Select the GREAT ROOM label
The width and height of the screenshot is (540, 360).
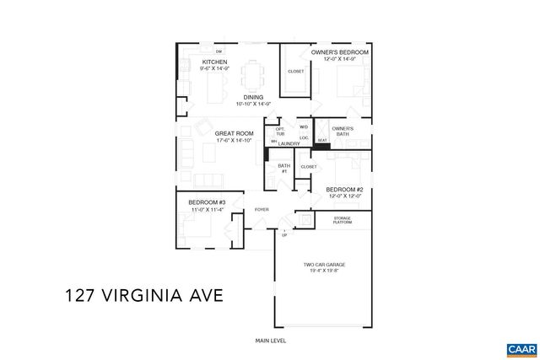pos(234,133)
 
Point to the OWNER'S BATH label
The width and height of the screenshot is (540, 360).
pos(342,131)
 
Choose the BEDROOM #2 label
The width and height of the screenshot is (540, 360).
pos(344,190)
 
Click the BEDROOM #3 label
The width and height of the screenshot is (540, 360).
pos(206,203)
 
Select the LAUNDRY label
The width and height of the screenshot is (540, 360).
pos(289,144)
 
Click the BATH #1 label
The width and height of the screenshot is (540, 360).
pos(283,169)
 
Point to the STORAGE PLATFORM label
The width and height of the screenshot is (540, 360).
pos(341,221)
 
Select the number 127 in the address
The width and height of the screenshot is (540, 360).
pos(83,296)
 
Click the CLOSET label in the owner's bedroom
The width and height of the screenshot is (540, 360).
pos(296,72)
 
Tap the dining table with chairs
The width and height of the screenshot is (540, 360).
pos(252,74)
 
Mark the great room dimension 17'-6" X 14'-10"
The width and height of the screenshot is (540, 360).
pos(234,140)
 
